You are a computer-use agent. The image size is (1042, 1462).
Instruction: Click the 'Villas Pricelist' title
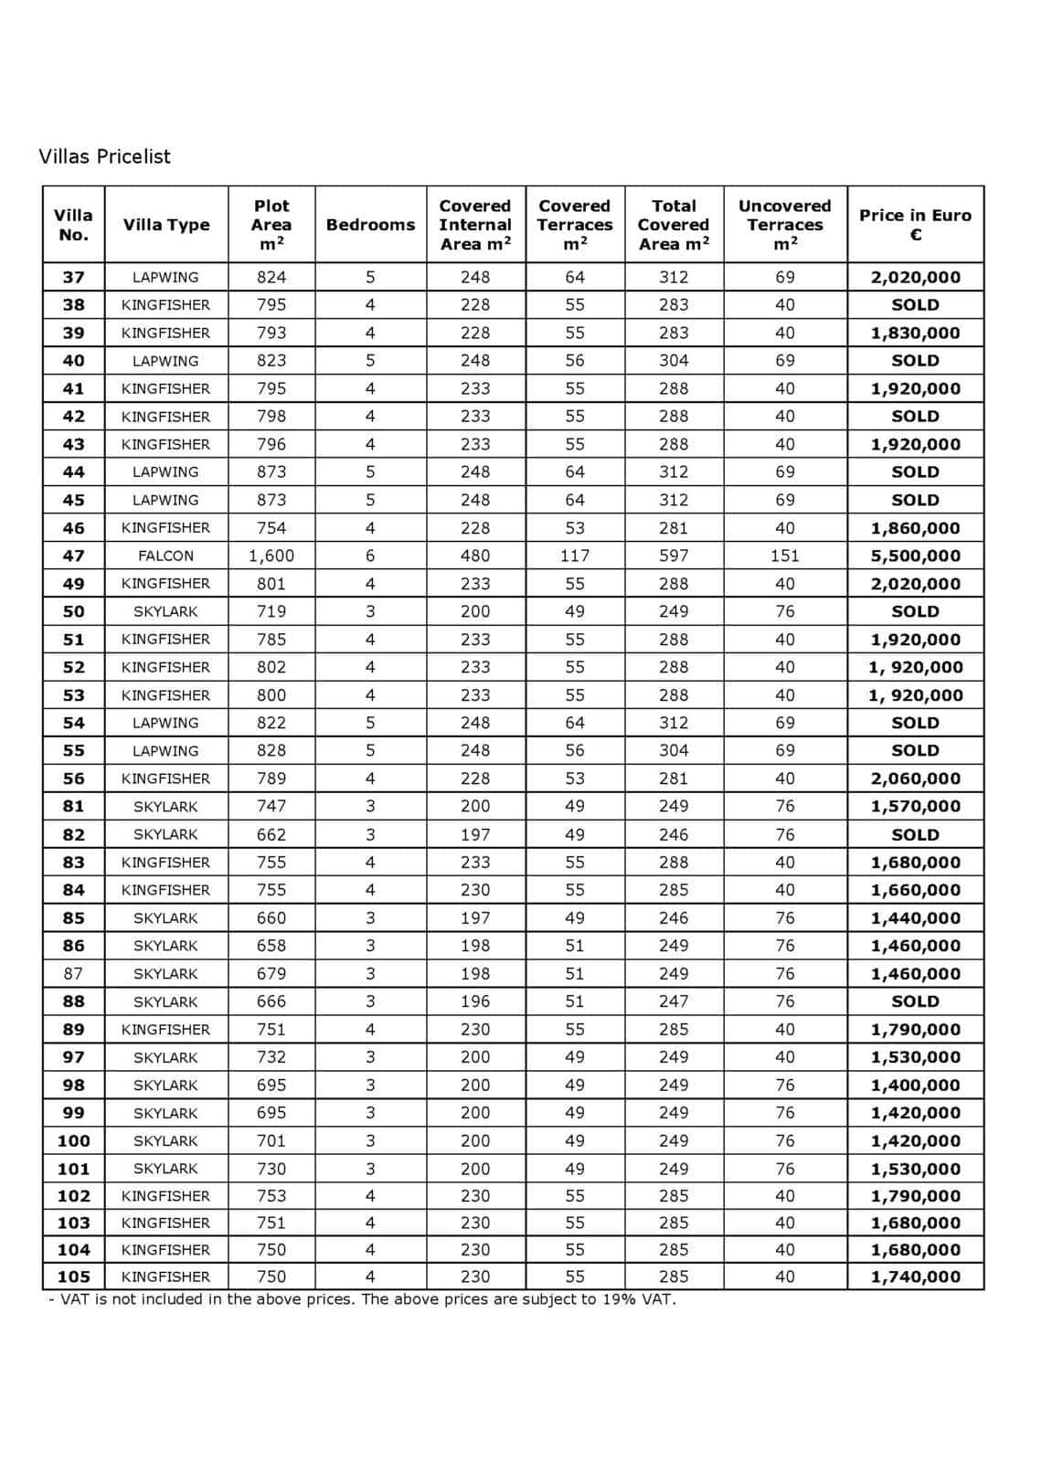104,156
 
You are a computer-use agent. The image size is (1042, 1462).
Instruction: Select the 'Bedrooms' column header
370,225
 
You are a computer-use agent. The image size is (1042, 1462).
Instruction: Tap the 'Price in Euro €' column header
915,225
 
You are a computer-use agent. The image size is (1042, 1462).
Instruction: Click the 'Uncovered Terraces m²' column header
784,225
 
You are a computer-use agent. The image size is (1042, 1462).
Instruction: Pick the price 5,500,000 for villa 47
915,556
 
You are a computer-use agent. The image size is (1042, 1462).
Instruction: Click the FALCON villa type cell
165,556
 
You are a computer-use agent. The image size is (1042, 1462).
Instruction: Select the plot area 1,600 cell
271,556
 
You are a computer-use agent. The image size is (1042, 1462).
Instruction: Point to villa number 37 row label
73,277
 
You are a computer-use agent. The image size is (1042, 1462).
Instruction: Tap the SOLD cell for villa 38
915,305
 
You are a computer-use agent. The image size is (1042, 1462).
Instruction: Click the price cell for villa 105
915,1277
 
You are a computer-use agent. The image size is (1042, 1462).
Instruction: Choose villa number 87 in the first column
73,973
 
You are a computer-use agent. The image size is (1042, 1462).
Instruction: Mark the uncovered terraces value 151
784,556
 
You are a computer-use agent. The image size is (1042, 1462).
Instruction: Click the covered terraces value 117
574,556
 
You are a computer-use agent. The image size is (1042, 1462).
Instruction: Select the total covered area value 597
674,556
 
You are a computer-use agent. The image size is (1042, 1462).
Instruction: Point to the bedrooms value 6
370,556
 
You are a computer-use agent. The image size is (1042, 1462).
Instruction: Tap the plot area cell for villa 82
271,834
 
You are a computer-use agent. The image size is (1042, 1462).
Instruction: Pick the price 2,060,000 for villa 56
915,779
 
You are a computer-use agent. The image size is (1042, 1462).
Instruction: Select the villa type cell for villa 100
165,1140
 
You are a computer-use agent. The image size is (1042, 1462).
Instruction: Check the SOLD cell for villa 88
915,1001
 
